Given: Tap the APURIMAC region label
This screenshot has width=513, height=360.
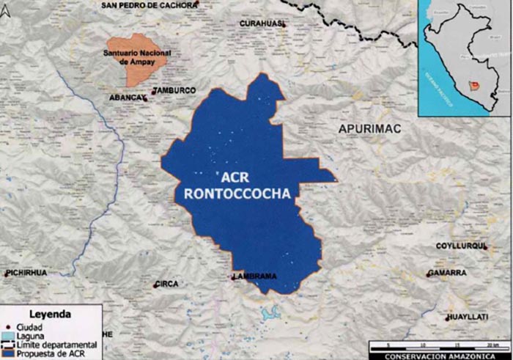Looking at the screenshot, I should pyautogui.click(x=370, y=129).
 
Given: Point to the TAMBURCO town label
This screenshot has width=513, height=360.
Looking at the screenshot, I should pyautogui.click(x=176, y=90).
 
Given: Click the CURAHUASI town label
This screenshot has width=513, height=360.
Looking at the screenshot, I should pyautogui.click(x=261, y=23).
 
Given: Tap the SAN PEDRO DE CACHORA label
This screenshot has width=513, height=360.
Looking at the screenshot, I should pyautogui.click(x=150, y=4).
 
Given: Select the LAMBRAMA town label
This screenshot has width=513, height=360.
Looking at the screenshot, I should pyautogui.click(x=256, y=276).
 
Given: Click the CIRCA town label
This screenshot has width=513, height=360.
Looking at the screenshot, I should pyautogui.click(x=167, y=283).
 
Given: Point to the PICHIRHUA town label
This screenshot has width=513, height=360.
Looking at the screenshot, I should pyautogui.click(x=26, y=273).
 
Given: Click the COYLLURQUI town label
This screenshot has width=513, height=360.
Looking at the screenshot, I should pyautogui.click(x=460, y=246).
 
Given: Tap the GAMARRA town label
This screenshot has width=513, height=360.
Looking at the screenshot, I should pyautogui.click(x=448, y=273).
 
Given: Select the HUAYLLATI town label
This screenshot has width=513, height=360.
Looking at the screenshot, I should pyautogui.click(x=468, y=317).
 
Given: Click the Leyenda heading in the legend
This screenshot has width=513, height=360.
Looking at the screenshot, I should pyautogui.click(x=49, y=315).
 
